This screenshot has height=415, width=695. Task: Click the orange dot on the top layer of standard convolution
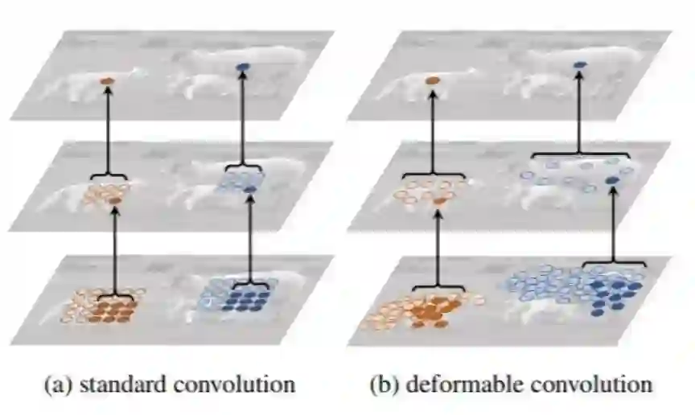(x=107, y=81)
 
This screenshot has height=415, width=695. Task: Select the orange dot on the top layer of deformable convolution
(x=432, y=80)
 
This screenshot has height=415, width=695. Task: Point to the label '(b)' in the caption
(x=385, y=384)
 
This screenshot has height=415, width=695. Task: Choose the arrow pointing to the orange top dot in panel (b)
(x=432, y=129)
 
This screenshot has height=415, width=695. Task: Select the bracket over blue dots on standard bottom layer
(x=251, y=286)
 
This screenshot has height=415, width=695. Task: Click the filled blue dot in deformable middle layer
(x=614, y=179)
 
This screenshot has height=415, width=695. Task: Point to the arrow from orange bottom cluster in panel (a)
(x=114, y=249)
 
